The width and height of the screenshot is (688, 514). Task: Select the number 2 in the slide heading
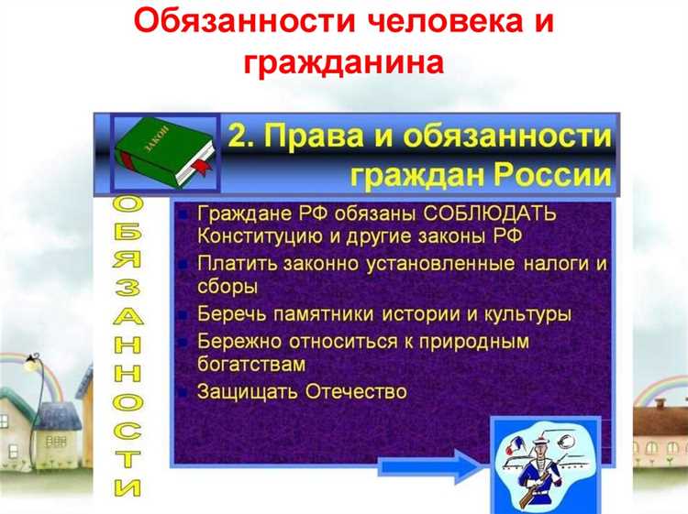click(240, 137)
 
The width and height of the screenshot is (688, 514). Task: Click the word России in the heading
click(556, 174)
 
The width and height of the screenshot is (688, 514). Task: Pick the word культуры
click(527, 314)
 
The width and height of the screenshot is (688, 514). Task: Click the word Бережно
click(235, 342)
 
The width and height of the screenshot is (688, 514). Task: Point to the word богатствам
click(250, 364)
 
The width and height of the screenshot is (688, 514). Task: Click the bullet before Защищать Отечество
click(184, 392)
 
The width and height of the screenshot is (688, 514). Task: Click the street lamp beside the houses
click(34, 365)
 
